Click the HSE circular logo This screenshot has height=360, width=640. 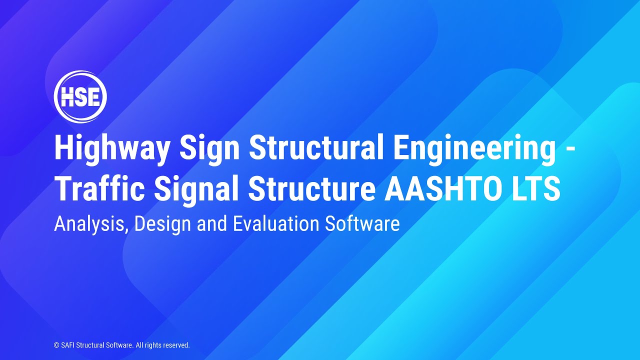tap(80, 97)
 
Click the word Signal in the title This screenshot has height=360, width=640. tap(197, 188)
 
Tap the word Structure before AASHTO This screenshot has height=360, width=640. tap(312, 188)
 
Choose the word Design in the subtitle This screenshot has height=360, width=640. tap(163, 223)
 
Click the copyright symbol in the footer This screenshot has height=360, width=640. tap(56, 345)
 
